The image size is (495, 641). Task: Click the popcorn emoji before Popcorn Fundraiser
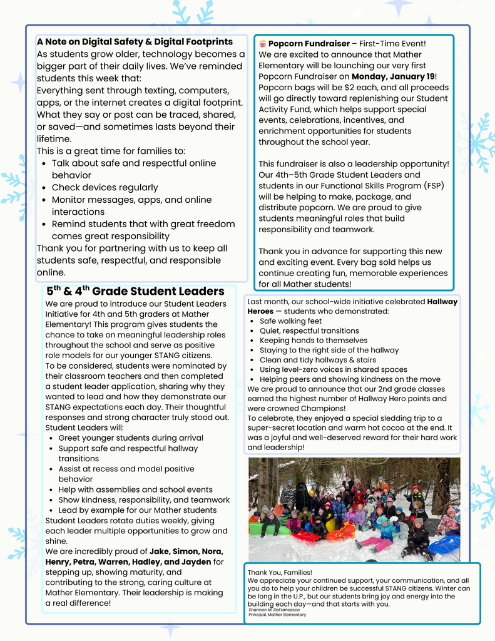(263, 44)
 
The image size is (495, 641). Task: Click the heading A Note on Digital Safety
(135, 42)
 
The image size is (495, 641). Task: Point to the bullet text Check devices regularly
(105, 187)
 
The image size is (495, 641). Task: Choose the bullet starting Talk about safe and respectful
(133, 163)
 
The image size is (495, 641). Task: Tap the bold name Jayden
(196, 562)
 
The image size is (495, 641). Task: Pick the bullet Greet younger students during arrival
(130, 438)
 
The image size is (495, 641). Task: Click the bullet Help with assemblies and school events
(135, 490)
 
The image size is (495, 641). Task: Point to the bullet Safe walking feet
(290, 321)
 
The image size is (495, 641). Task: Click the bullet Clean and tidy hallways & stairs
(318, 360)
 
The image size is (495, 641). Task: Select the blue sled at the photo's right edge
(446, 545)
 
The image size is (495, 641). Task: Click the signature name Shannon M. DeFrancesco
(274, 609)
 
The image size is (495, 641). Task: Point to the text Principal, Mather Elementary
(277, 615)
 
